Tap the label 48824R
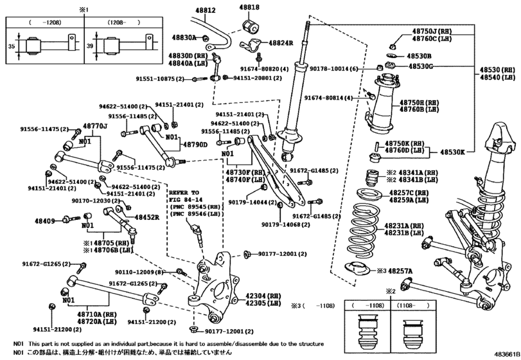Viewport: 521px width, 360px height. click(278, 43)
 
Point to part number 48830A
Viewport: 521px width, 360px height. click(184, 38)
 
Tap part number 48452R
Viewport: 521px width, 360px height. click(146, 217)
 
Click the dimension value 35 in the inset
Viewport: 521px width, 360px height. click(11, 47)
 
